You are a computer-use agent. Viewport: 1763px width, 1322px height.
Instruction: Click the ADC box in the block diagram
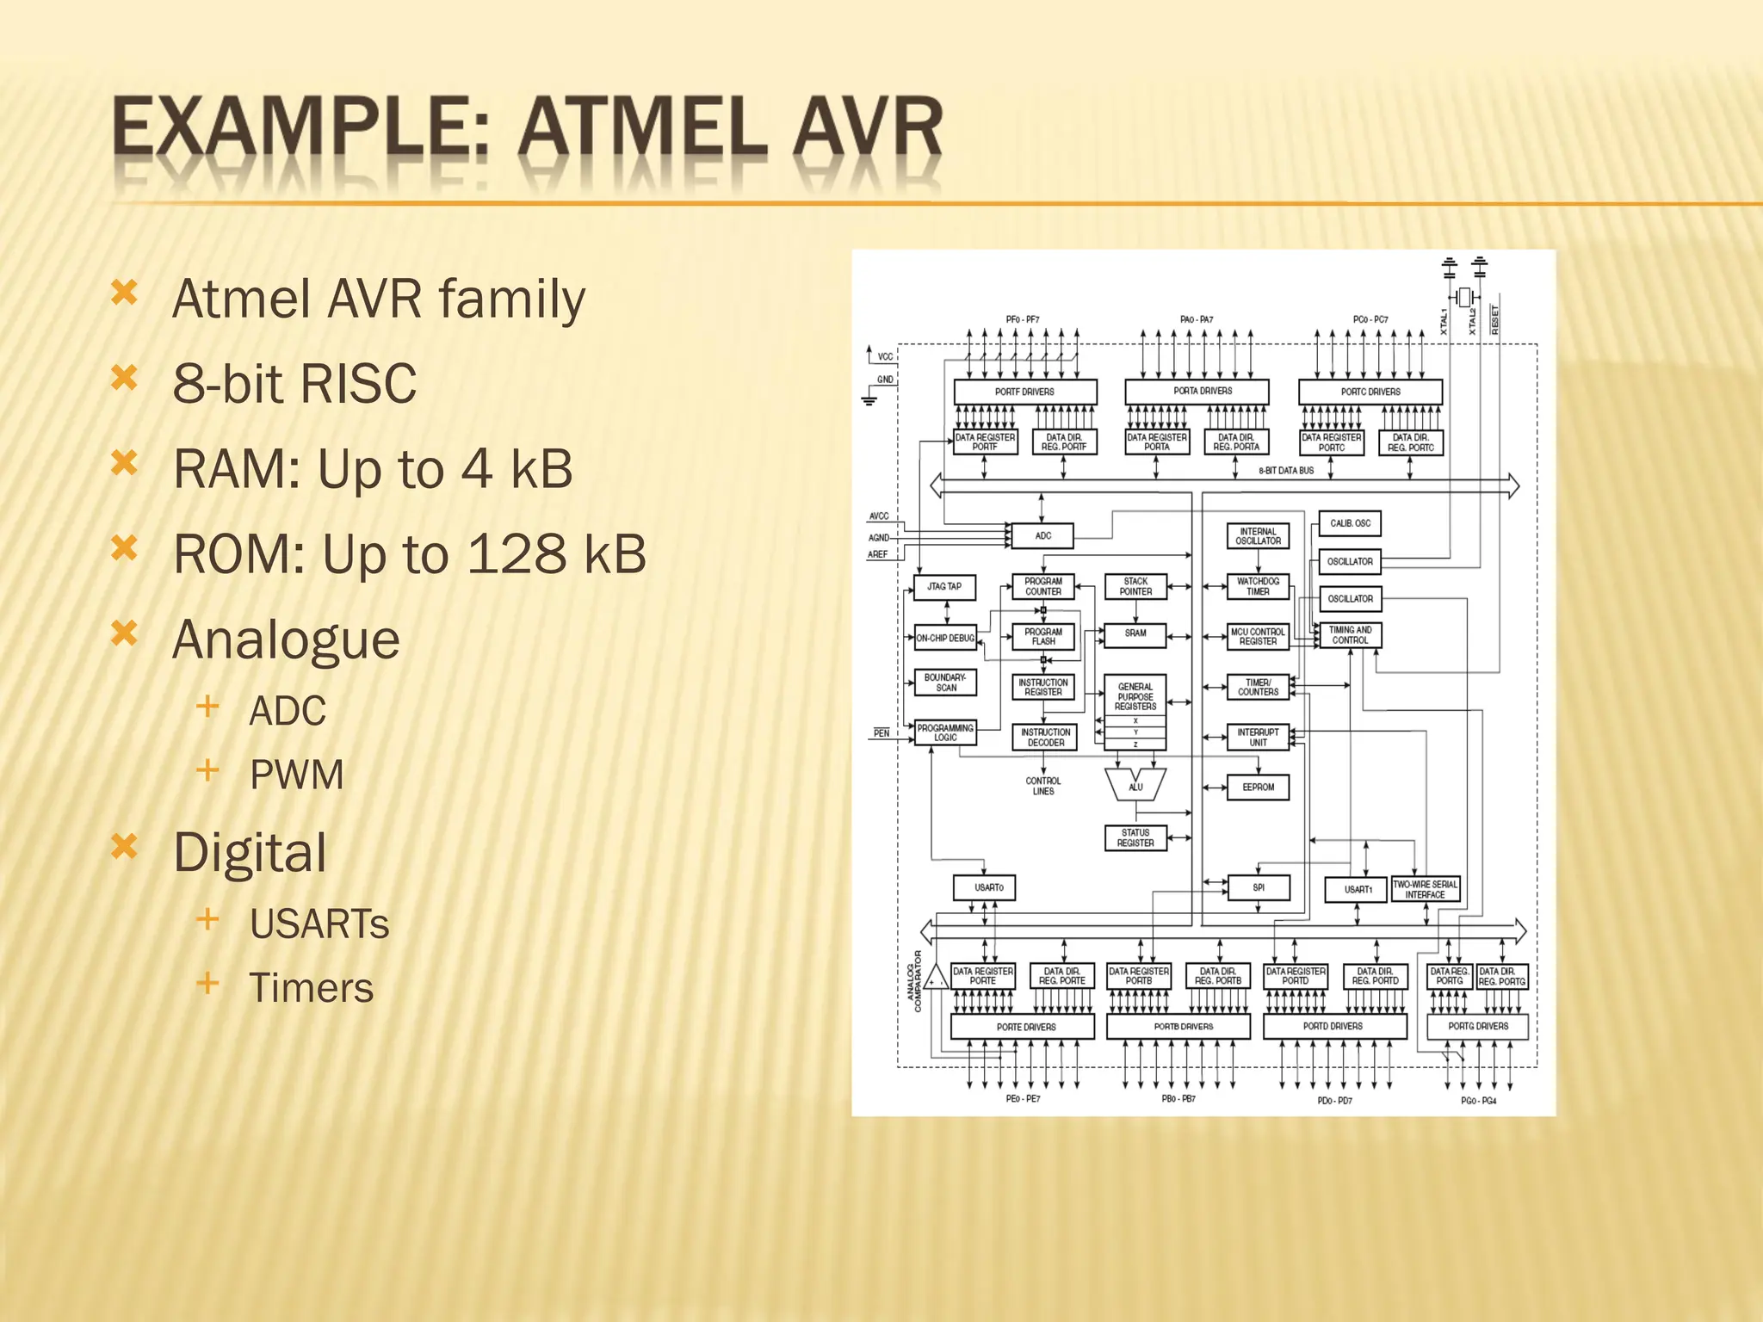pos(1042,535)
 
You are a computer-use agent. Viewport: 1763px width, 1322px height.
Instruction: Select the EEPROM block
pos(1258,787)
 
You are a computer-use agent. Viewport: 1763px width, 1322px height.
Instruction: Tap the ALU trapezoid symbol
pos(1135,784)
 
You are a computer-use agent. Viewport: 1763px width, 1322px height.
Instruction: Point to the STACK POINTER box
pos(1135,586)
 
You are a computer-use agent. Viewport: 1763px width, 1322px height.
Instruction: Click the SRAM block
pos(1135,633)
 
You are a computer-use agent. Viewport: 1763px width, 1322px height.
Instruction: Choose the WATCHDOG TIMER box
pos(1258,586)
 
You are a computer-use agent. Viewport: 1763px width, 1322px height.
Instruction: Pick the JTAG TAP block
pos(944,587)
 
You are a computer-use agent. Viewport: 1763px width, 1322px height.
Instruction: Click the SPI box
pos(1258,887)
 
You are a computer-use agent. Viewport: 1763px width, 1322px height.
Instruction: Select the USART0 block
pos(985,887)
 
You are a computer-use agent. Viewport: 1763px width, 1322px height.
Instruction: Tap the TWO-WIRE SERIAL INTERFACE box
pos(1426,889)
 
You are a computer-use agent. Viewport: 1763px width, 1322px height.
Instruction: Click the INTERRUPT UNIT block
pos(1258,737)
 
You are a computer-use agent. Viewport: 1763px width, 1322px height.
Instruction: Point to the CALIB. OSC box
pos(1350,523)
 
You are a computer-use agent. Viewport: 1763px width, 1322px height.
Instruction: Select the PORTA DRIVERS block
pos(1197,392)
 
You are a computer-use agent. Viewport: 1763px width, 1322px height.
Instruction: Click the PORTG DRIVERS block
pos(1478,1026)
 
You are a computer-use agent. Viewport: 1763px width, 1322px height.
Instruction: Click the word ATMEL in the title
pos(642,130)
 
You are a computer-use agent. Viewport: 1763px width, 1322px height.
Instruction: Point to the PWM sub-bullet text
pos(296,775)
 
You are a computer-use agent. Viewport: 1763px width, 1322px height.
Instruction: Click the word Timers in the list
pos(312,988)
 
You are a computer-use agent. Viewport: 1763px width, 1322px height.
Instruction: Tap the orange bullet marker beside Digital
pos(125,848)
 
